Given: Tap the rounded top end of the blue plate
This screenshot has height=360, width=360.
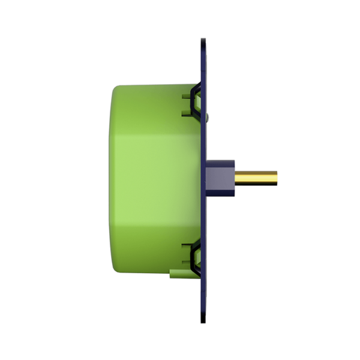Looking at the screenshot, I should tap(203, 43).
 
